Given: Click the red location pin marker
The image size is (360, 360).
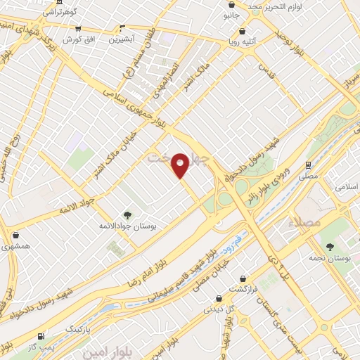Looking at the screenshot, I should [181, 165].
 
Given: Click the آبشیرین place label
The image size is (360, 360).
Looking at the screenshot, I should [122, 39].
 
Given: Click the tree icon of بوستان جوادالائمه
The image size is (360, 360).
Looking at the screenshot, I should [127, 215].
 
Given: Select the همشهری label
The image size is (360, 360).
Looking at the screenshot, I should [15, 247].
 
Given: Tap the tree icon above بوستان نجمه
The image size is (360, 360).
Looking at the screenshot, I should [330, 246].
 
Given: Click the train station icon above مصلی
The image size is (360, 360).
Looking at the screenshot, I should [309, 162].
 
